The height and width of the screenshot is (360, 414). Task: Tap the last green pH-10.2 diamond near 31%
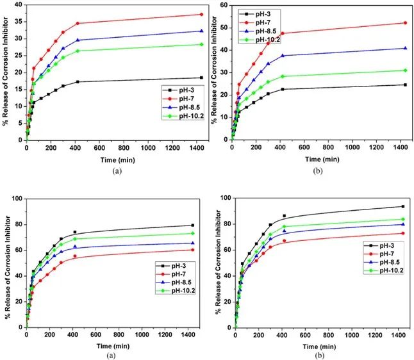pyautogui.click(x=404, y=70)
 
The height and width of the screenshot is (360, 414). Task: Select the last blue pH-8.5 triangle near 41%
pyautogui.click(x=404, y=48)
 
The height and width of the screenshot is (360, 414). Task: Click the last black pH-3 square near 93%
pyautogui.click(x=403, y=206)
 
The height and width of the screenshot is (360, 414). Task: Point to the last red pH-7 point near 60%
pyautogui.click(x=193, y=249)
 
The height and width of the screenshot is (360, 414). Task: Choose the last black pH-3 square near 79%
pyautogui.click(x=193, y=225)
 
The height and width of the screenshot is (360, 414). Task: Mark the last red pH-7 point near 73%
pyautogui.click(x=403, y=233)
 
